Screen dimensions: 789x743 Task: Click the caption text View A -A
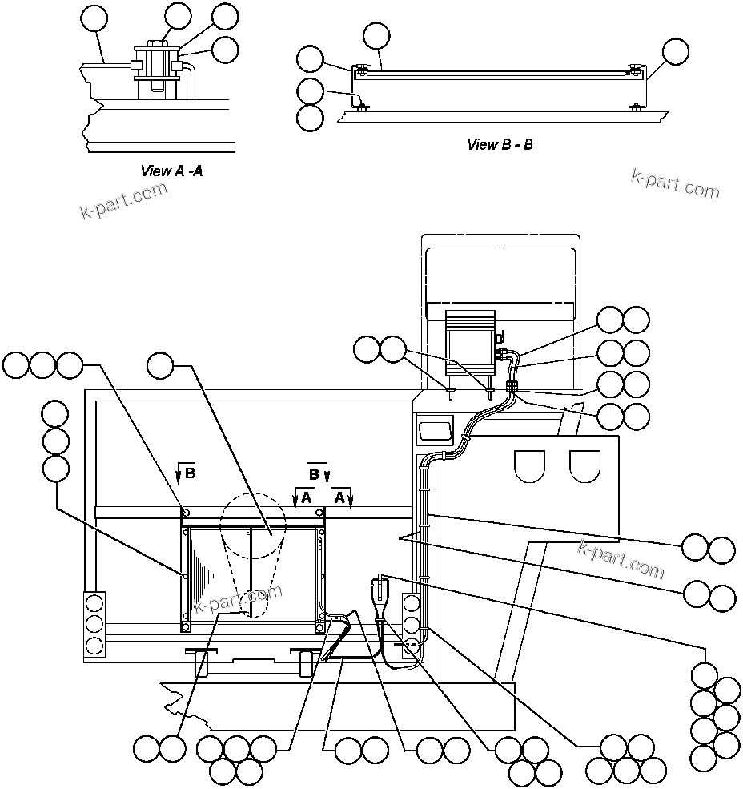[171, 171]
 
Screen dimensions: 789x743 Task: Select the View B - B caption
[500, 145]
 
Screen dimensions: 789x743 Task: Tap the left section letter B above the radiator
[190, 473]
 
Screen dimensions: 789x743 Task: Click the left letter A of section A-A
[306, 497]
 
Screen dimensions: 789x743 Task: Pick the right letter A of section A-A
[339, 497]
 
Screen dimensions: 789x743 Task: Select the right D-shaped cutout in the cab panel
[584, 465]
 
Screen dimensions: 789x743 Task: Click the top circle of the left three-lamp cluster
[94, 603]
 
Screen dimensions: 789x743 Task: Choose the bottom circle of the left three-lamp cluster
[94, 645]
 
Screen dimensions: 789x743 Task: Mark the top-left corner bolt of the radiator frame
[186, 513]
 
